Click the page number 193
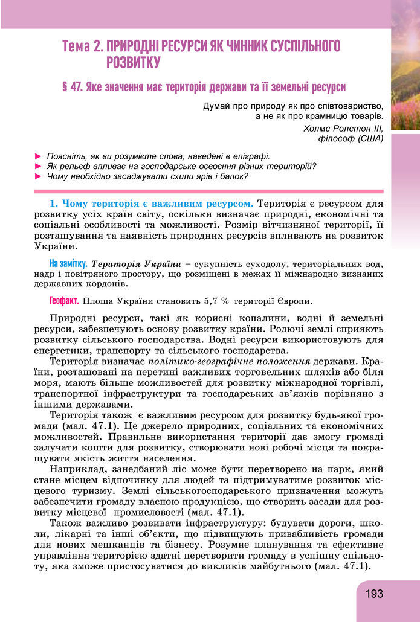(374, 594)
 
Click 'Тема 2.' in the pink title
(83, 46)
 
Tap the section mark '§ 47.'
(72, 86)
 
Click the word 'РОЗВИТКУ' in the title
(132, 62)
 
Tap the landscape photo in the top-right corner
(405, 66)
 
